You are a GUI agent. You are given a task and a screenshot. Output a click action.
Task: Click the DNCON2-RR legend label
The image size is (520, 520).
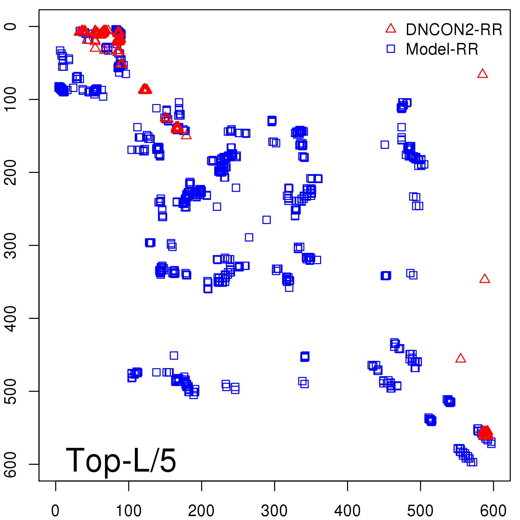click(x=454, y=30)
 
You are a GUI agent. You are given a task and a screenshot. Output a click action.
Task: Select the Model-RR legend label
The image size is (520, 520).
click(x=442, y=49)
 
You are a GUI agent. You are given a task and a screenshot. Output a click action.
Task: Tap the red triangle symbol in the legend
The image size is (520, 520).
click(x=391, y=29)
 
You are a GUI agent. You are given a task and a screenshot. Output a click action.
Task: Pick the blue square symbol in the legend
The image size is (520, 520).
click(x=391, y=49)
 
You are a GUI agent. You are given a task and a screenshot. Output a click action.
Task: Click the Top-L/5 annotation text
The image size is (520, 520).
click(x=121, y=460)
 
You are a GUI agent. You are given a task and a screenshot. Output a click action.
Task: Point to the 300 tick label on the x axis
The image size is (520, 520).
click(x=274, y=511)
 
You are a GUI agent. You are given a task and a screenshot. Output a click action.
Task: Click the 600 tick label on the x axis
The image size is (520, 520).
click(x=493, y=511)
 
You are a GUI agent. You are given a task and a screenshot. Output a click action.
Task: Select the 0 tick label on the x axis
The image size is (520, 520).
click(x=56, y=511)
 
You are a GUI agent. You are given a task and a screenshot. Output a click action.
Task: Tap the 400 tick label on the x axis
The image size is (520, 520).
click(x=347, y=511)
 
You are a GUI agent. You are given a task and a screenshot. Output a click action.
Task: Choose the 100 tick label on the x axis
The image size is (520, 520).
click(x=129, y=511)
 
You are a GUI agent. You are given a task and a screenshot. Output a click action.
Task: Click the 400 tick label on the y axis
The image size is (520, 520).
click(x=11, y=318)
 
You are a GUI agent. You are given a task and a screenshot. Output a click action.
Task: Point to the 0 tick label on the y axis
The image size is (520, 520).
click(x=11, y=26)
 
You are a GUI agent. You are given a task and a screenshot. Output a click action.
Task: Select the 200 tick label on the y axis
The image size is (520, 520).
click(x=11, y=172)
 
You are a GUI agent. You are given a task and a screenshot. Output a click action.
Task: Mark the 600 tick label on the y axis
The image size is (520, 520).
click(x=11, y=464)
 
